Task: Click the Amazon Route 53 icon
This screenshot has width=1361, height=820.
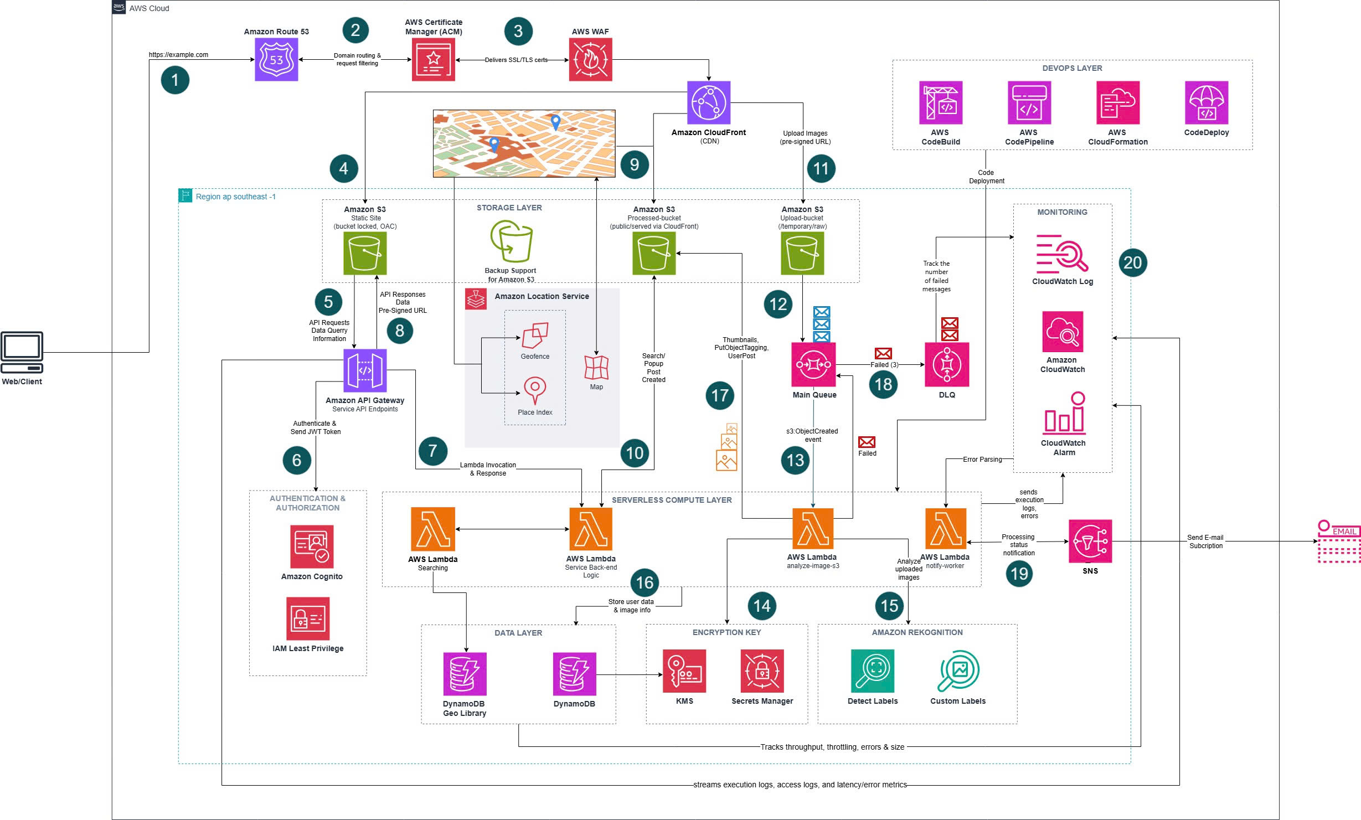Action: tap(276, 60)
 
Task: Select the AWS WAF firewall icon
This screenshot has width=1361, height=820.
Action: tap(590, 60)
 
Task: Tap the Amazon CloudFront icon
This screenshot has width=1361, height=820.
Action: tap(709, 103)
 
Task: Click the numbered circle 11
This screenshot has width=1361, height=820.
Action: tap(821, 168)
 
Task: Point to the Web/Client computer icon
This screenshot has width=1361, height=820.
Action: tap(22, 352)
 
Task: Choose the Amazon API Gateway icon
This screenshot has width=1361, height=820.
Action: tap(365, 370)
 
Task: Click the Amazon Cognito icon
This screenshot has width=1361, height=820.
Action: tap(312, 546)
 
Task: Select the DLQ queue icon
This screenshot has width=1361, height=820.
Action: tap(947, 364)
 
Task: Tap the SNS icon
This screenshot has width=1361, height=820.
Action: tap(1090, 541)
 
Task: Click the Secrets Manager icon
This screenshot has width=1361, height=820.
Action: tap(762, 671)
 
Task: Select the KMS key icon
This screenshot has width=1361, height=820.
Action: tap(684, 671)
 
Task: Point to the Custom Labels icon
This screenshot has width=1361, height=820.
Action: tap(958, 671)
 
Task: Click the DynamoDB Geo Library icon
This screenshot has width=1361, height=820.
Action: tap(465, 674)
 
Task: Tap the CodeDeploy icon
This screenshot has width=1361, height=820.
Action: tap(1206, 103)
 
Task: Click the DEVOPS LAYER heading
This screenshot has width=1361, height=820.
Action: tap(1072, 68)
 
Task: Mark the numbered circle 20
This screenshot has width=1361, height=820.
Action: tap(1132, 262)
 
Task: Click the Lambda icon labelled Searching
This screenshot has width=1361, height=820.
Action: tap(433, 529)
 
